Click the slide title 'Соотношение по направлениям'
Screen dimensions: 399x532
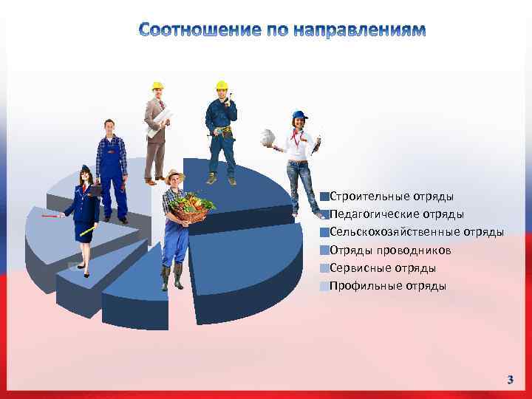tap(282, 30)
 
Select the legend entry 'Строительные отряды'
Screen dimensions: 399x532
tap(392, 197)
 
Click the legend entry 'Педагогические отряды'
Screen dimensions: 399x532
tap(397, 214)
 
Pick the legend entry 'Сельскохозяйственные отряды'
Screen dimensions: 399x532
tap(417, 232)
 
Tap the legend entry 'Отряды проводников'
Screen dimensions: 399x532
tap(390, 250)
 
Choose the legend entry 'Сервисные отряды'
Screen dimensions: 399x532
tap(382, 267)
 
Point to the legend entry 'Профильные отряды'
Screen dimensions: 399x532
tap(387, 285)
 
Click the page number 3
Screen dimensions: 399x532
tap(510, 380)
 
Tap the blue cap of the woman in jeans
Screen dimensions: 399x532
tap(299, 115)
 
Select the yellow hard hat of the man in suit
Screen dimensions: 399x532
tap(157, 86)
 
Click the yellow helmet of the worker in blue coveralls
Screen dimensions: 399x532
tap(221, 85)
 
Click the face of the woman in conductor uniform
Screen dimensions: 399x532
tap(86, 177)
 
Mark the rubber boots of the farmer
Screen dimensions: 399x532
tap(171, 277)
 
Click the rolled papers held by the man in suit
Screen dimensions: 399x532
tap(159, 122)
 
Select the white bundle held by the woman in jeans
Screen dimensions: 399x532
tap(267, 137)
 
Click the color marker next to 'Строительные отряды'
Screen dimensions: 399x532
tap(324, 197)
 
